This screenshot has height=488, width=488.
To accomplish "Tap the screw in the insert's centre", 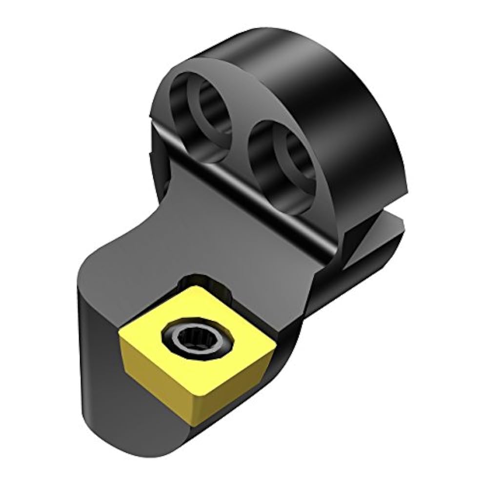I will pyautogui.click(x=187, y=337).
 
